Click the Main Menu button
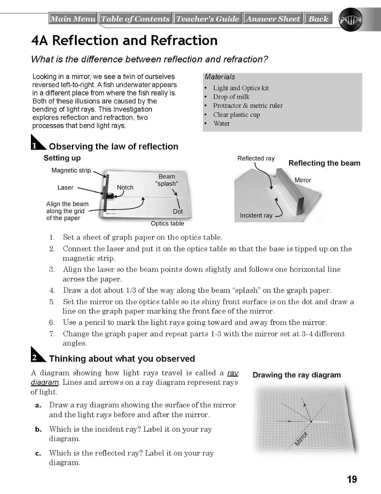pos(73,18)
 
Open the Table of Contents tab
pos(135,18)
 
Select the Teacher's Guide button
pos(208,18)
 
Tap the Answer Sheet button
pos(273,18)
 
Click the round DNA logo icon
pos(350,19)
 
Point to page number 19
pos(352,479)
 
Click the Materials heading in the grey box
pos(220,77)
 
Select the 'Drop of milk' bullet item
pos(231,97)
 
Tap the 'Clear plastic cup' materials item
pos(237,115)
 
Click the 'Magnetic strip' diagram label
pos(71,170)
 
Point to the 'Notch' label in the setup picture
pos(125,187)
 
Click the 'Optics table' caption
pos(167,224)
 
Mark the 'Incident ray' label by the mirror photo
pos(256,215)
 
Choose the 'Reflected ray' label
pos(256,158)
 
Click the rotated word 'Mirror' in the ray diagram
pos(301,439)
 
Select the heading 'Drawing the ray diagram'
pos(297,375)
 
